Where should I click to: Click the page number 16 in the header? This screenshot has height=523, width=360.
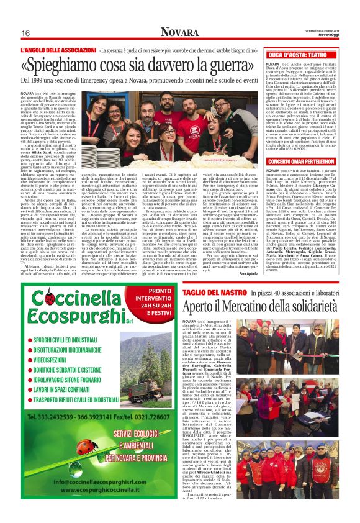[27, 33]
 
